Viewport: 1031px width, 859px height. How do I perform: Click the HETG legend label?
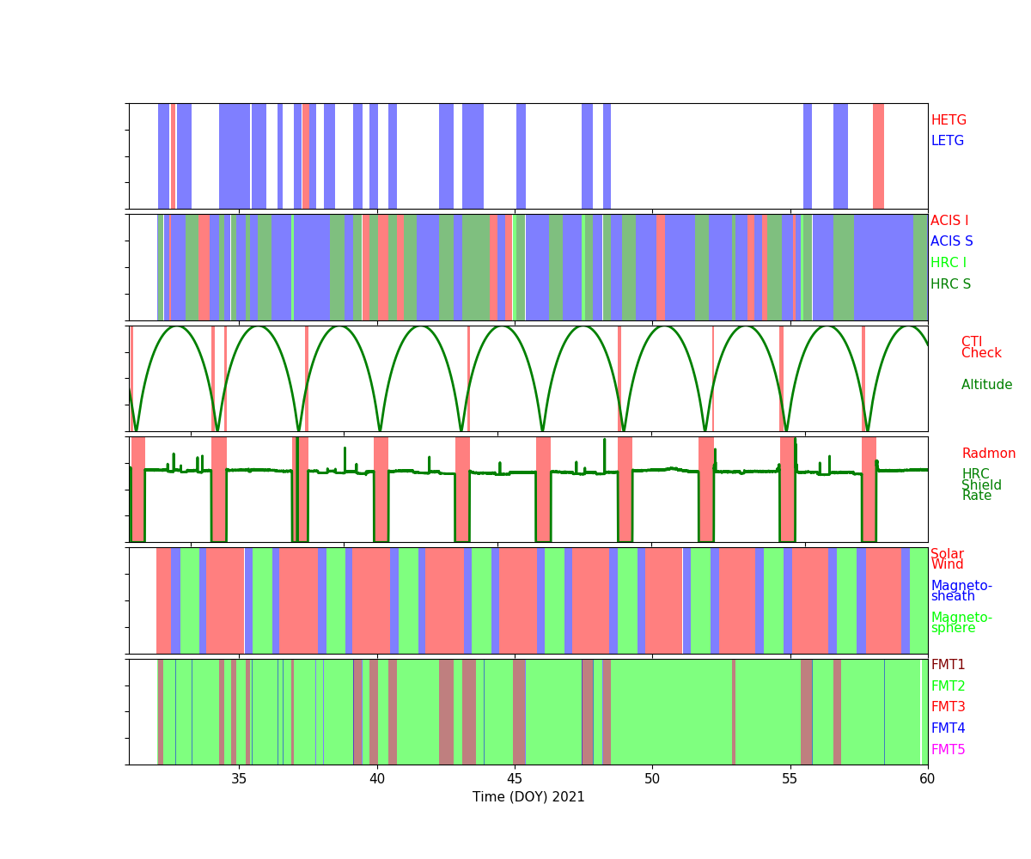pos(949,120)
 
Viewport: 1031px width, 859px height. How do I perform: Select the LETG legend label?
pos(948,141)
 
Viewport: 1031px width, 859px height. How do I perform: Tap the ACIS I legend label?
pos(949,221)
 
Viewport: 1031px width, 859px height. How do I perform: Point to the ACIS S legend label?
pos(951,241)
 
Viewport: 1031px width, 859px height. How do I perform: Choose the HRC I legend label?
pos(948,263)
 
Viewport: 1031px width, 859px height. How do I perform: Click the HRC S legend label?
pos(950,284)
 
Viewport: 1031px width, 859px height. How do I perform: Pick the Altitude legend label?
pos(986,385)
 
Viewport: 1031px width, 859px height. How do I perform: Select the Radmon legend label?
pos(988,454)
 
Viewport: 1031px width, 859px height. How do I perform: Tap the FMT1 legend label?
pos(948,665)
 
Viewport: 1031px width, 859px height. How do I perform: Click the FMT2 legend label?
pos(948,686)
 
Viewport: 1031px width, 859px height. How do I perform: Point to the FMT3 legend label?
pos(948,707)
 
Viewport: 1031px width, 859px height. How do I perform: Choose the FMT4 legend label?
pos(948,728)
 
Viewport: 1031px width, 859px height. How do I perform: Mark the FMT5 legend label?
pos(948,750)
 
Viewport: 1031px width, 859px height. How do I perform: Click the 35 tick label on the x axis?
pos(239,779)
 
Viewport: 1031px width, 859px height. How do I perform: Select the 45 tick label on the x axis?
pos(515,779)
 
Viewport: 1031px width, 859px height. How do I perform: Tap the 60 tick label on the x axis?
pos(928,779)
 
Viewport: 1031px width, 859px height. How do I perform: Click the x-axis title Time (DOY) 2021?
pos(528,797)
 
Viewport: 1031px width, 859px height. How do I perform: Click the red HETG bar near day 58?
pos(878,155)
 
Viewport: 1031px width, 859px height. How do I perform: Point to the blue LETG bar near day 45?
pos(521,155)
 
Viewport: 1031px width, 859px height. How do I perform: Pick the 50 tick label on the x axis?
pos(652,779)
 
